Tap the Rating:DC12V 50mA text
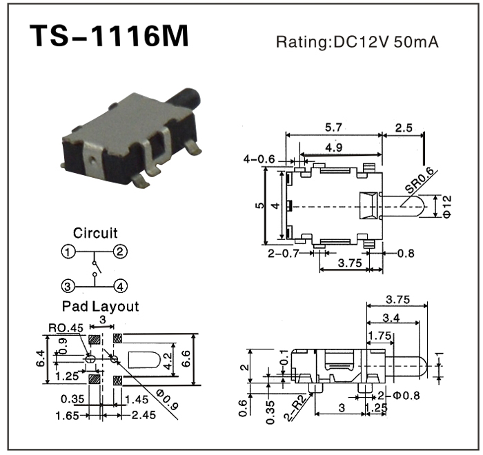click(x=357, y=42)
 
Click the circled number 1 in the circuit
click(x=68, y=252)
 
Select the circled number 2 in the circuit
click(x=120, y=252)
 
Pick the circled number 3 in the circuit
click(x=68, y=285)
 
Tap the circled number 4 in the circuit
click(x=120, y=285)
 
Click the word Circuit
click(x=95, y=233)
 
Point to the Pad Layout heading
click(x=100, y=306)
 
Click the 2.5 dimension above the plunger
click(x=405, y=127)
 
